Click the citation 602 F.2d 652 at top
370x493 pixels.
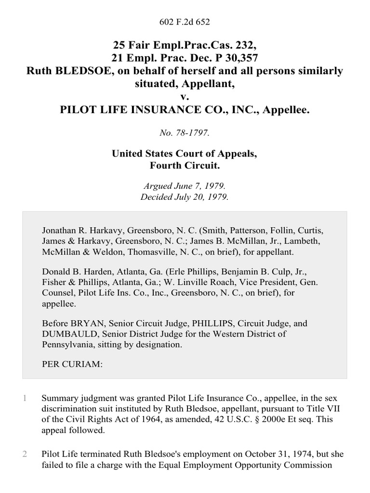[x=185, y=22]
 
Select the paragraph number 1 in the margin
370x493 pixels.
[x=24, y=399]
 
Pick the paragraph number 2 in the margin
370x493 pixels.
[x=24, y=454]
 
